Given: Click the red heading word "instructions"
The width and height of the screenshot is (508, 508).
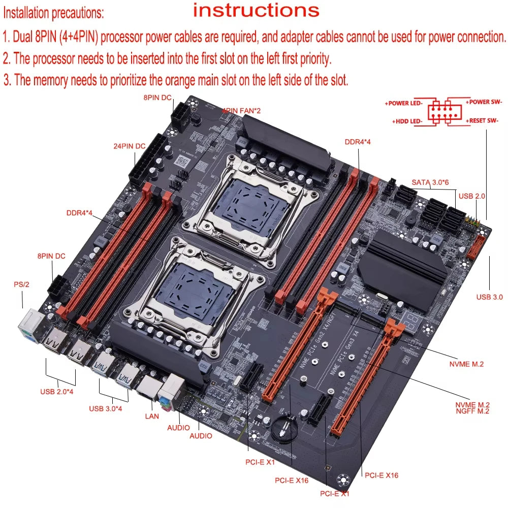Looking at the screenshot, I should click(256, 10).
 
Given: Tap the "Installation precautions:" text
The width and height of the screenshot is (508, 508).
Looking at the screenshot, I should click(53, 13).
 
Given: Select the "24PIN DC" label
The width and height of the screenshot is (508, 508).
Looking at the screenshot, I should click(129, 146).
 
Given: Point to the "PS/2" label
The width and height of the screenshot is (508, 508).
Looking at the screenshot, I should click(21, 284).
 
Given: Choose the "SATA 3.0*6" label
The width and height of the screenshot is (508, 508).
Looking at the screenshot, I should click(430, 182).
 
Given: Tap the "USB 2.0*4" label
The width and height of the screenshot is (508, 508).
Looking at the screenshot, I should click(57, 392).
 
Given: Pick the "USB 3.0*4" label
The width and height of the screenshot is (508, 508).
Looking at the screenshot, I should click(106, 408).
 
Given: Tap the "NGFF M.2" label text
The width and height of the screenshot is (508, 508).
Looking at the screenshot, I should click(472, 411).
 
